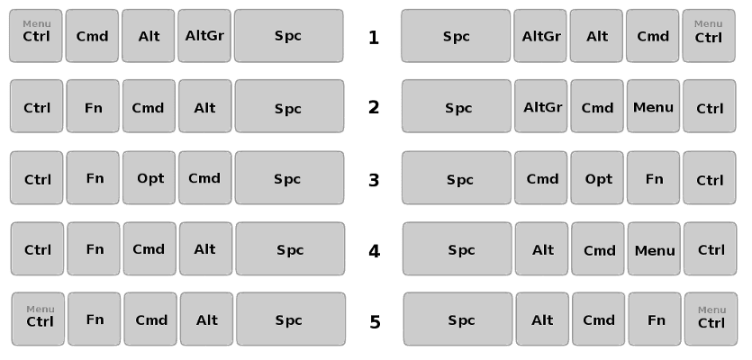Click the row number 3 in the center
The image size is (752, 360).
point(374,179)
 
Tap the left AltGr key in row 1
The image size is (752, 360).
point(204,36)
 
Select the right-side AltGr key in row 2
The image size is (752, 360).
point(542,107)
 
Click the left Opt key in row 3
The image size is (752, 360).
point(149,178)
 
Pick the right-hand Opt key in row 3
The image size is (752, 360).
point(598,179)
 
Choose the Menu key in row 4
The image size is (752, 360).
point(655,250)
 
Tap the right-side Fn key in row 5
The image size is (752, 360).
point(657,319)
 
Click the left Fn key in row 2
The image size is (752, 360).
point(94,108)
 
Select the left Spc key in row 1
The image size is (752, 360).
point(288,36)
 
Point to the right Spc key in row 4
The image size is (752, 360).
point(460,250)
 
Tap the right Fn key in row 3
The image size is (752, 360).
point(654,179)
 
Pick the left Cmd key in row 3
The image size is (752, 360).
point(204,178)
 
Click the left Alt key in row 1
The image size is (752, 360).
point(149,36)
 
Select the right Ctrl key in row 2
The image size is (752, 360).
point(710,108)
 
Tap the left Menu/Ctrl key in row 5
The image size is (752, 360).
point(40,319)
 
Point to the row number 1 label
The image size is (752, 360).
point(374,38)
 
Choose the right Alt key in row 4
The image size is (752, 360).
point(542,250)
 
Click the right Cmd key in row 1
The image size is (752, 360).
point(653,36)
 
